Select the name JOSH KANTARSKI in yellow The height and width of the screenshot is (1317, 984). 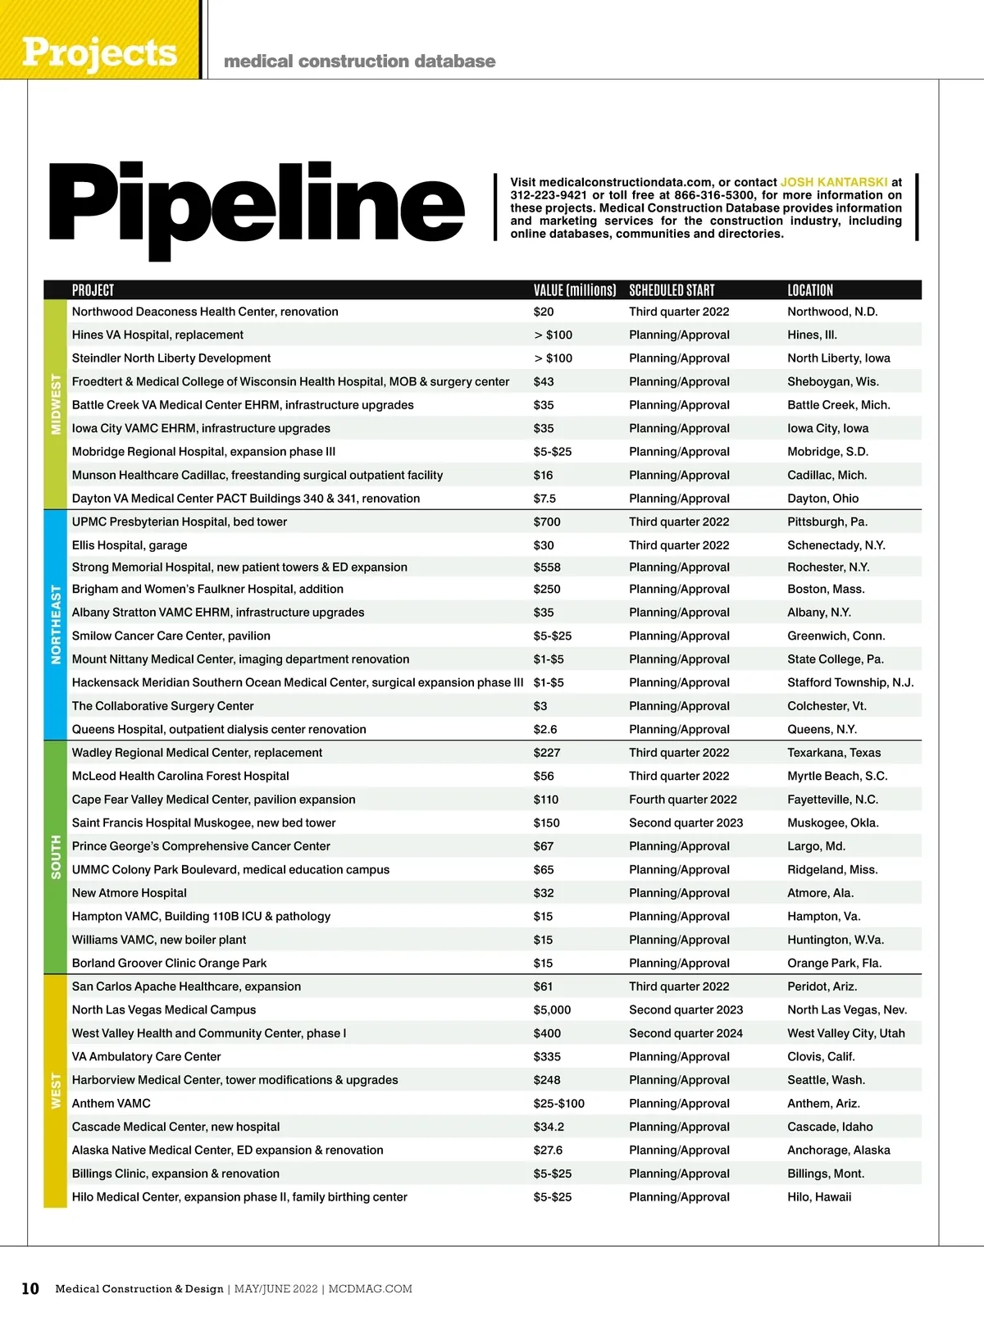click(833, 182)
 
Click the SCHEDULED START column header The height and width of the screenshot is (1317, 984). click(672, 290)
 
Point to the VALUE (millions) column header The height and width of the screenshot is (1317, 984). click(574, 290)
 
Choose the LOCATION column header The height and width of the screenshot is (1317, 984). click(809, 290)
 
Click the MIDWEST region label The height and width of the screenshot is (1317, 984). click(56, 404)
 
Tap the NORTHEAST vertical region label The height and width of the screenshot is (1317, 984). click(56, 624)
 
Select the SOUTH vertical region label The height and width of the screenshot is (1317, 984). click(56, 857)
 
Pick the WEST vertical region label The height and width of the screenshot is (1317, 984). click(56, 1091)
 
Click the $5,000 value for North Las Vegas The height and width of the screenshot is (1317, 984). click(552, 1010)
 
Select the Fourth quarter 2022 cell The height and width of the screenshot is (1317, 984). click(682, 800)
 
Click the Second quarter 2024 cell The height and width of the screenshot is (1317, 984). click(686, 1033)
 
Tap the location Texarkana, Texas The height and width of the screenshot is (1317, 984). click(834, 753)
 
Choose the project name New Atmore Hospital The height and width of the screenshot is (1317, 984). click(129, 893)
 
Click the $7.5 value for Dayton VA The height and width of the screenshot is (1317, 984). click(544, 499)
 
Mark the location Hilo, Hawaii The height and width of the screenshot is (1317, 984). click(819, 1197)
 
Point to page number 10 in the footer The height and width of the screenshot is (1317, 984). click(30, 1289)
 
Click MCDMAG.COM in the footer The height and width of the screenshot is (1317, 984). click(371, 1289)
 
